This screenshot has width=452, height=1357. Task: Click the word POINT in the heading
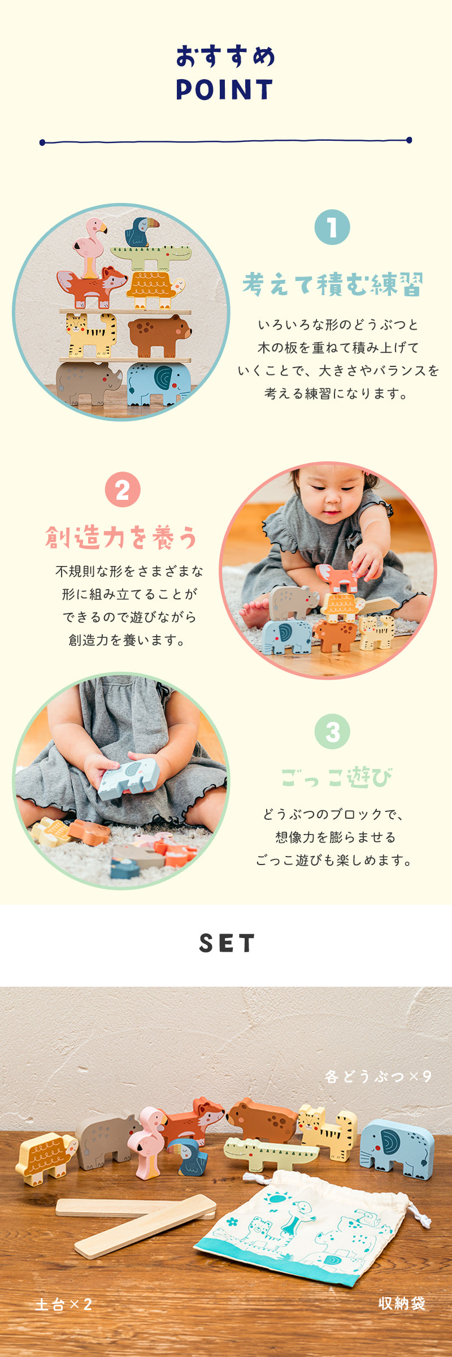[x=225, y=89]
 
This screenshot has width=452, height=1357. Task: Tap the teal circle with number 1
[x=332, y=227]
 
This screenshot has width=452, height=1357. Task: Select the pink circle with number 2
[x=123, y=490]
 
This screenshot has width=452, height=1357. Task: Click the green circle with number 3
[x=332, y=731]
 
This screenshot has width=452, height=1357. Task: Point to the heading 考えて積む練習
[x=333, y=284]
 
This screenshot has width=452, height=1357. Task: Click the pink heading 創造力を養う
[x=121, y=537]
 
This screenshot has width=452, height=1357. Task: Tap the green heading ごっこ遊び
[x=336, y=777]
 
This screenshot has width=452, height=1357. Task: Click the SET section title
[x=227, y=943]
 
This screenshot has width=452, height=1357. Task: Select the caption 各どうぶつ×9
[x=378, y=1076]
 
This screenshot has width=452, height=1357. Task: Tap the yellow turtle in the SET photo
[x=46, y=1158]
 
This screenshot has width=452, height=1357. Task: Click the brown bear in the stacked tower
[x=159, y=335]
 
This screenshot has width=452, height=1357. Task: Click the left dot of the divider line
[x=42, y=142]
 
